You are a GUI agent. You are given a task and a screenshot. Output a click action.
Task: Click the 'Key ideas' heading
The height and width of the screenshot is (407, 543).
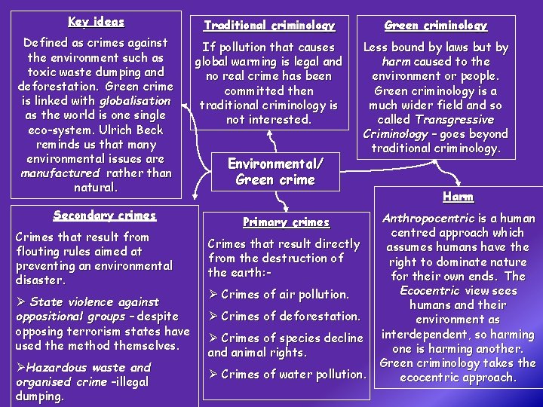pos(96,22)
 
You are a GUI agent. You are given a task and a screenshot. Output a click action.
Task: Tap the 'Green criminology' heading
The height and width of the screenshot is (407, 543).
pos(435,26)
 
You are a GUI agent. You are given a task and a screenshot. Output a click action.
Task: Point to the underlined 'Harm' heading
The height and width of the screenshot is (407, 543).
pos(458,197)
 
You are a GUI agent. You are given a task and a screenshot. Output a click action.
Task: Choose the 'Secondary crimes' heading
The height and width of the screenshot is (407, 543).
pos(105,215)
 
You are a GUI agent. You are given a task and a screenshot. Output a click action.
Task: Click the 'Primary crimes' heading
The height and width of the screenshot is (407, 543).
pos(286,222)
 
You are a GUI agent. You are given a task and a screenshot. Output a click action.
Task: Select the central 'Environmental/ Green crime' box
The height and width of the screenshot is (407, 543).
pos(275,172)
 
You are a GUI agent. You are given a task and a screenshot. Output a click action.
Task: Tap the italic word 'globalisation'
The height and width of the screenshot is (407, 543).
pos(135,100)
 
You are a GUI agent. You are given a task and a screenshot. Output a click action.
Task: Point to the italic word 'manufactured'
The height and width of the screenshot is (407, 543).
pos(60,173)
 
